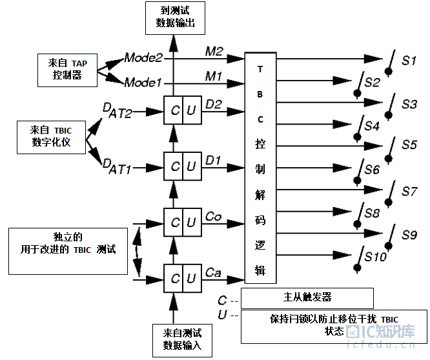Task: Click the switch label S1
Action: tap(409, 61)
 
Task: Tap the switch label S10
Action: tap(375, 257)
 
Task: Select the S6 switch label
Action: tap(372, 170)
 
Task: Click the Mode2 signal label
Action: tap(143, 58)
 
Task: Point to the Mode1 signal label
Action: tap(143, 82)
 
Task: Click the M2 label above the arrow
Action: tap(214, 51)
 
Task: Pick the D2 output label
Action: tap(214, 104)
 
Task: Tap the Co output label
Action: tap(213, 217)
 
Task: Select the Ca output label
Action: tap(213, 273)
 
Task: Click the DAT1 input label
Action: tap(117, 166)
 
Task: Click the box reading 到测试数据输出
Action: tap(175, 18)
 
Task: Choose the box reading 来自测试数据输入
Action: tap(182, 341)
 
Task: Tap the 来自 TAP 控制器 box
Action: tap(67, 70)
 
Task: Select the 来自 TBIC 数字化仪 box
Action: tap(51, 137)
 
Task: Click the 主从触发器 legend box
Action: tap(307, 298)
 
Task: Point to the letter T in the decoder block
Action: tap(260, 69)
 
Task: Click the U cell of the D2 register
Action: tap(192, 110)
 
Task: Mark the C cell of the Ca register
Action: tap(173, 279)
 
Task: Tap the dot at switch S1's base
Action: tap(388, 72)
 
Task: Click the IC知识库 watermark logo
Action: tap(381, 332)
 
